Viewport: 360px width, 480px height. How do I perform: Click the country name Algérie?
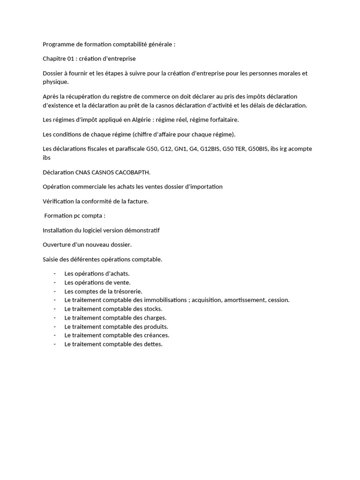[x=139, y=120]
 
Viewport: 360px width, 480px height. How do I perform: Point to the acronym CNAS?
[x=83, y=172]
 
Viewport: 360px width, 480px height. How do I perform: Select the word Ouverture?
[x=56, y=245]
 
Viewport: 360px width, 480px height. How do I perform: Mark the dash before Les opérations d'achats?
[x=55, y=274]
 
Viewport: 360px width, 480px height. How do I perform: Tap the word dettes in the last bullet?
[x=153, y=344]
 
